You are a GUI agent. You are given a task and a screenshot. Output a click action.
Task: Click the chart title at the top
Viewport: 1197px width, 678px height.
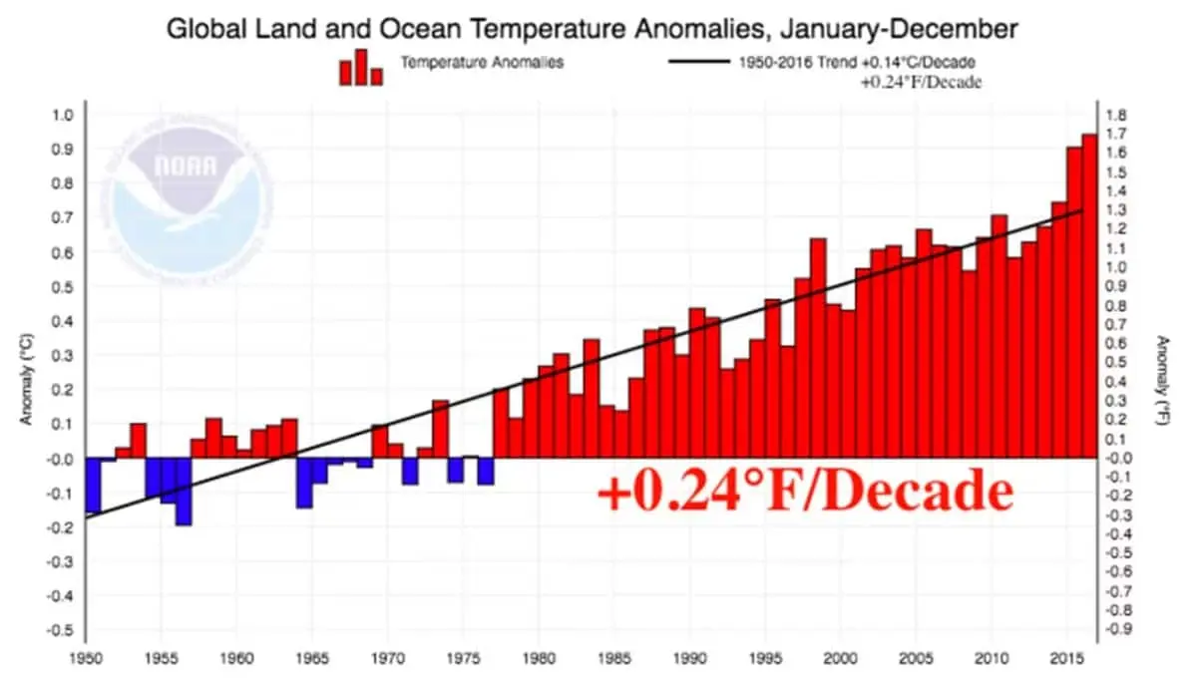[x=592, y=28]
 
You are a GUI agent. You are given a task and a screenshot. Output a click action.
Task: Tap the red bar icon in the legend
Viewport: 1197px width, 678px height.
[x=360, y=68]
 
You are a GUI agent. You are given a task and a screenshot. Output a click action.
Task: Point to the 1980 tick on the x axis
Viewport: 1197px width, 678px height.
[x=538, y=659]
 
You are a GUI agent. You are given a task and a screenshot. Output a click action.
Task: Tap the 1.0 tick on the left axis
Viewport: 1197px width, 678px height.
[x=62, y=115]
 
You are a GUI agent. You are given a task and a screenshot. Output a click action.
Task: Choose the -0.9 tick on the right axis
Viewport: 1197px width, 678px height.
[x=1118, y=629]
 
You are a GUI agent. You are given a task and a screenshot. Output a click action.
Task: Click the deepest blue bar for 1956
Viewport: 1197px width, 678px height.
[x=184, y=492]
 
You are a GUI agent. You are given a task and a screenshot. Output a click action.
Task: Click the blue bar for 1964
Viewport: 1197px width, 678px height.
[x=304, y=483]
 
